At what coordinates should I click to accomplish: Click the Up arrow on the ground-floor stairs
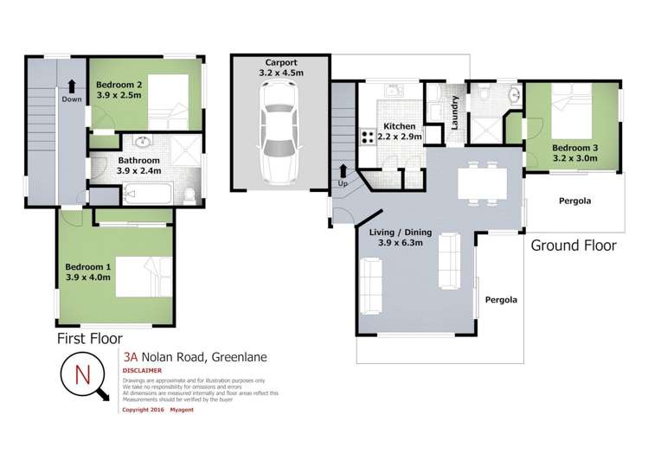tap(343, 172)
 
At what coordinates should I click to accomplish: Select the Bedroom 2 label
tap(120, 83)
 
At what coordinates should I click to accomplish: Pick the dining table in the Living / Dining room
tap(482, 182)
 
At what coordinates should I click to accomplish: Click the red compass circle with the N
tap(83, 375)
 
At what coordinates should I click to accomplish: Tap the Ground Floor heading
tap(573, 245)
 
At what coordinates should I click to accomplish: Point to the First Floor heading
tap(89, 338)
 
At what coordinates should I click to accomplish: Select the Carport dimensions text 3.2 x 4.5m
tap(279, 74)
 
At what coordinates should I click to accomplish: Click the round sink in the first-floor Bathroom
tap(138, 145)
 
